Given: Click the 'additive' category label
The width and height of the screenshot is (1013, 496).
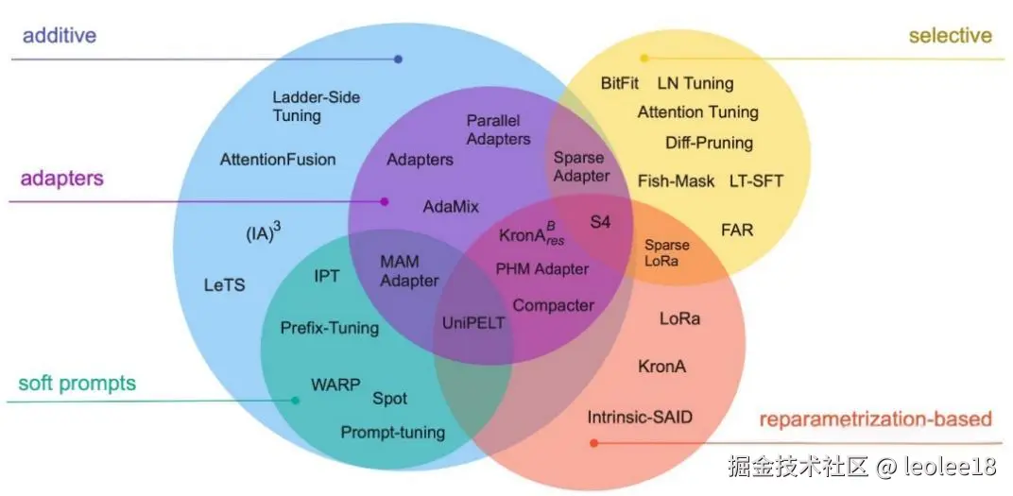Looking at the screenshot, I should point(60,36).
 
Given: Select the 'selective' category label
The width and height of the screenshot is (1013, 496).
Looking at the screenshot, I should point(950,36).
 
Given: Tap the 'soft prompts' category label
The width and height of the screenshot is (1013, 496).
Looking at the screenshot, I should point(77,384).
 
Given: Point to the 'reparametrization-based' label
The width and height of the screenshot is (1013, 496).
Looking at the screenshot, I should point(875,419).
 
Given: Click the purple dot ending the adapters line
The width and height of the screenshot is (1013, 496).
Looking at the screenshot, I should point(385,201).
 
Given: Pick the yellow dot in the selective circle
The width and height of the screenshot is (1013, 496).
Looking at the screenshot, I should point(644,59).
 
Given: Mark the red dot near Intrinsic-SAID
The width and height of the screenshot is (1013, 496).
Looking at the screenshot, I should point(593,442).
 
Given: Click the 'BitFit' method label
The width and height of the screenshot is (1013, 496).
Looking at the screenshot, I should point(620,83).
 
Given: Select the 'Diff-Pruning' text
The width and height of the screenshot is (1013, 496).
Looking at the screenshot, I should point(709,143).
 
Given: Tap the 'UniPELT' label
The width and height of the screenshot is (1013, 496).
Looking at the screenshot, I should point(473,322).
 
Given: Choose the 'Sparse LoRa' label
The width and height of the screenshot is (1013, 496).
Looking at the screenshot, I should point(667,252).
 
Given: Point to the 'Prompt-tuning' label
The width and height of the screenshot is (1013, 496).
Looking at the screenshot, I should point(392,433).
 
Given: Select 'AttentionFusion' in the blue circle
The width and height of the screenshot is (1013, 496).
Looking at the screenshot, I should point(278,159).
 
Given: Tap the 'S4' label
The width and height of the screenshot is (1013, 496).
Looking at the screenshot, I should point(601,222).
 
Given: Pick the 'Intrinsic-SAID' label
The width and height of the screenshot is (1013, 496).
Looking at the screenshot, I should point(646,417).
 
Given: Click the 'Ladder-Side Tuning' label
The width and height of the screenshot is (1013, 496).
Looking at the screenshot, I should point(316,106).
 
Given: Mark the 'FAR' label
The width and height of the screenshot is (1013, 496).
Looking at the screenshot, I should point(737,230).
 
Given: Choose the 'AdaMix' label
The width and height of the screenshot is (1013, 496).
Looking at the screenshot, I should point(451,206).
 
